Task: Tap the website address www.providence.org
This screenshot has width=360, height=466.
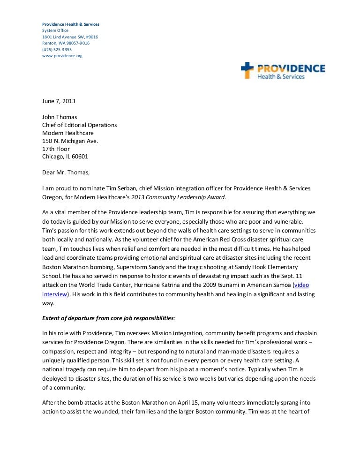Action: (x=62, y=56)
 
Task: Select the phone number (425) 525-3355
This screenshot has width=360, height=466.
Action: (x=57, y=49)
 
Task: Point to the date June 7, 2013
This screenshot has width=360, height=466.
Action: (x=59, y=101)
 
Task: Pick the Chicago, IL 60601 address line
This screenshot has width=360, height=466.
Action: (x=65, y=157)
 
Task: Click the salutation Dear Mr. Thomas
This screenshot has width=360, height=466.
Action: (x=65, y=172)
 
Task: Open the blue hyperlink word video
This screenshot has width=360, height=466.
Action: (x=301, y=285)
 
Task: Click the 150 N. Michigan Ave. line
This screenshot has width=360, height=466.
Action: (x=70, y=141)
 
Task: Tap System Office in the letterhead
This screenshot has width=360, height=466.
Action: (x=55, y=30)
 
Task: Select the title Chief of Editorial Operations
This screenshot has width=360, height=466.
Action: (x=80, y=125)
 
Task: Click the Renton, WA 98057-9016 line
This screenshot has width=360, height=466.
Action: (x=66, y=43)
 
